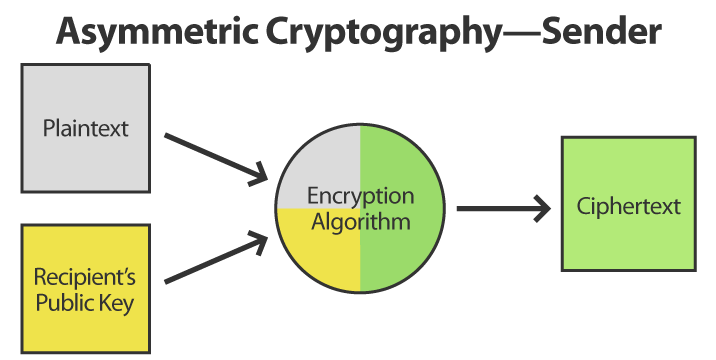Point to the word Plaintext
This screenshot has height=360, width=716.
tap(85, 128)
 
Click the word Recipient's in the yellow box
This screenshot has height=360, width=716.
tap(85, 276)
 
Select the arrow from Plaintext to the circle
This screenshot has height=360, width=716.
tap(215, 158)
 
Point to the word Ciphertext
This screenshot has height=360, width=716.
tap(628, 207)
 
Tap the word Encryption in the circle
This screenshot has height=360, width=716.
tap(360, 195)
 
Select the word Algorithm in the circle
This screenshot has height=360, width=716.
tap(360, 221)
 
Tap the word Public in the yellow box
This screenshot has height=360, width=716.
tap(68, 301)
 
